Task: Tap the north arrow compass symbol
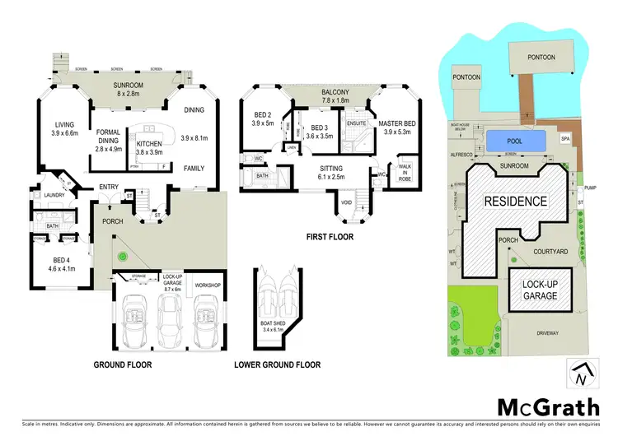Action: point(581,374)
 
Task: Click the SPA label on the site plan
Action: point(564,139)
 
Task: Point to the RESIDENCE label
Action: point(515,201)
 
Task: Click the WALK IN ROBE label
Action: point(404,174)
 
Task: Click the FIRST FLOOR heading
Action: point(331,236)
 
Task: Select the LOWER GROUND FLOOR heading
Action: point(277,364)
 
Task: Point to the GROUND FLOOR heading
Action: point(123,364)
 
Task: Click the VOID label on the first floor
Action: point(347,202)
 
